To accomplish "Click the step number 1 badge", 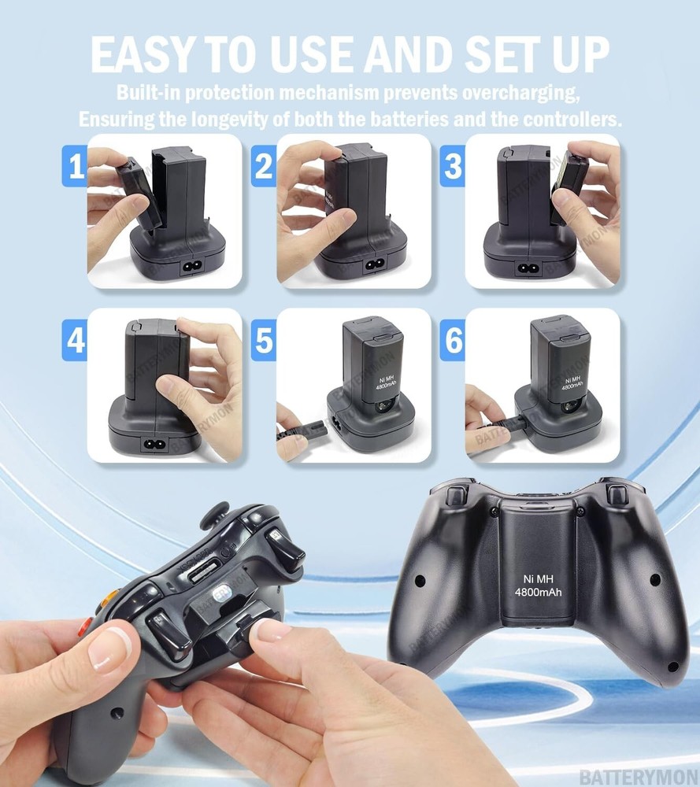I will pos(74,168).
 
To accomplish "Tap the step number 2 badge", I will pos(263,168).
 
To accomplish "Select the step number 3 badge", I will pos(452,168).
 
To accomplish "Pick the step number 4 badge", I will pos(74,342).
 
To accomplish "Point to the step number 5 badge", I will pos(263,342).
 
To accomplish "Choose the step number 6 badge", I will pos(452,342).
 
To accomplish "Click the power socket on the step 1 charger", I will pos(191,266).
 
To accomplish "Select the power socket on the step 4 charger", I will pos(151,443).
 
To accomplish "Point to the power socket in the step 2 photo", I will pos(372,266).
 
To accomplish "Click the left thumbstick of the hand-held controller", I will pos(214,516).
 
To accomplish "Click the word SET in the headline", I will pos(487,55).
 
